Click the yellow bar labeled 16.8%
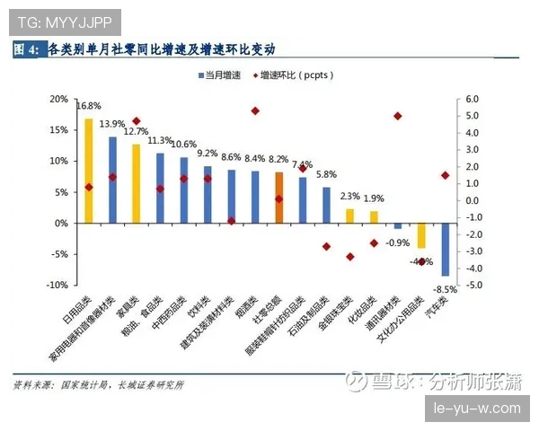click(89, 171)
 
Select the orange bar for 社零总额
click(279, 198)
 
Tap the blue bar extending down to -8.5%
click(445, 250)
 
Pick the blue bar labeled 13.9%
click(112, 180)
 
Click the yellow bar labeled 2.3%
click(350, 215)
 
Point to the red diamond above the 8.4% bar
click(255, 111)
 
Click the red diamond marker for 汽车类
click(445, 176)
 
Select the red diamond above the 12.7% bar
click(137, 121)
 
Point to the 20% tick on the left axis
click(58, 99)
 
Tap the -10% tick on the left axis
click(57, 286)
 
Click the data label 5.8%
click(327, 175)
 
